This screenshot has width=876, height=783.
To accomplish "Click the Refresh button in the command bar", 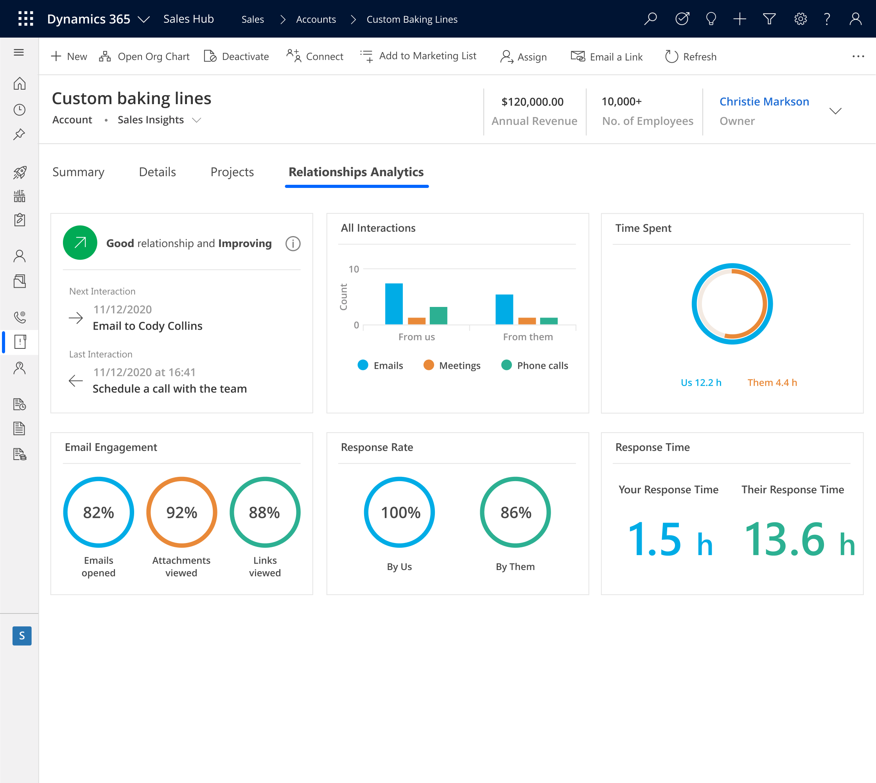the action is point(690,56).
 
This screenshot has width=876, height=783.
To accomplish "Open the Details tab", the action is point(157,172).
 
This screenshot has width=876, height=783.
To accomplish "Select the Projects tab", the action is point(232,172).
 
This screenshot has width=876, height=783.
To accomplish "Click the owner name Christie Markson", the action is point(764,101).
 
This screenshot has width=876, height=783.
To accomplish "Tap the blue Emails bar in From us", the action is point(394,304).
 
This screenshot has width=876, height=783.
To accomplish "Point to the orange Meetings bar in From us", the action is point(416,321).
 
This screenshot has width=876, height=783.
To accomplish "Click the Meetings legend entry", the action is point(452,365).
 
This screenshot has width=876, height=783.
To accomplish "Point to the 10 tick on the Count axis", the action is point(354,269).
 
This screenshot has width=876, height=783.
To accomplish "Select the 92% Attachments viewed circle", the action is point(181,512).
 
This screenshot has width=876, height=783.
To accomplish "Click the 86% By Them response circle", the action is point(515,512).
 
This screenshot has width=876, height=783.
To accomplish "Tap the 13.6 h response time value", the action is point(799,539).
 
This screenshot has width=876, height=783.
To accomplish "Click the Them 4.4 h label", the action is point(772,382).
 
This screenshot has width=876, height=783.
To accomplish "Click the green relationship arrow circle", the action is point(80,243).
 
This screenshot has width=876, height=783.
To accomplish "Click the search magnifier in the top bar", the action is point(651,19).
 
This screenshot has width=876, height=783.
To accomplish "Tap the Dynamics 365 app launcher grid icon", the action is point(26,19).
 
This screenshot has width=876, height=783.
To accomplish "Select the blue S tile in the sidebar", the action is point(22,635).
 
